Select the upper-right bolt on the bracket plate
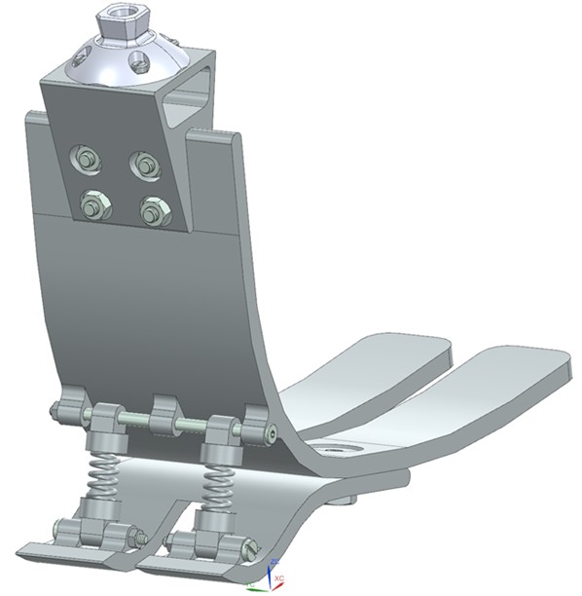click(x=144, y=164)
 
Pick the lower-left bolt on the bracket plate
click(x=93, y=205)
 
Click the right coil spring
click(x=220, y=481)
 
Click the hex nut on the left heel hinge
click(x=140, y=537)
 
